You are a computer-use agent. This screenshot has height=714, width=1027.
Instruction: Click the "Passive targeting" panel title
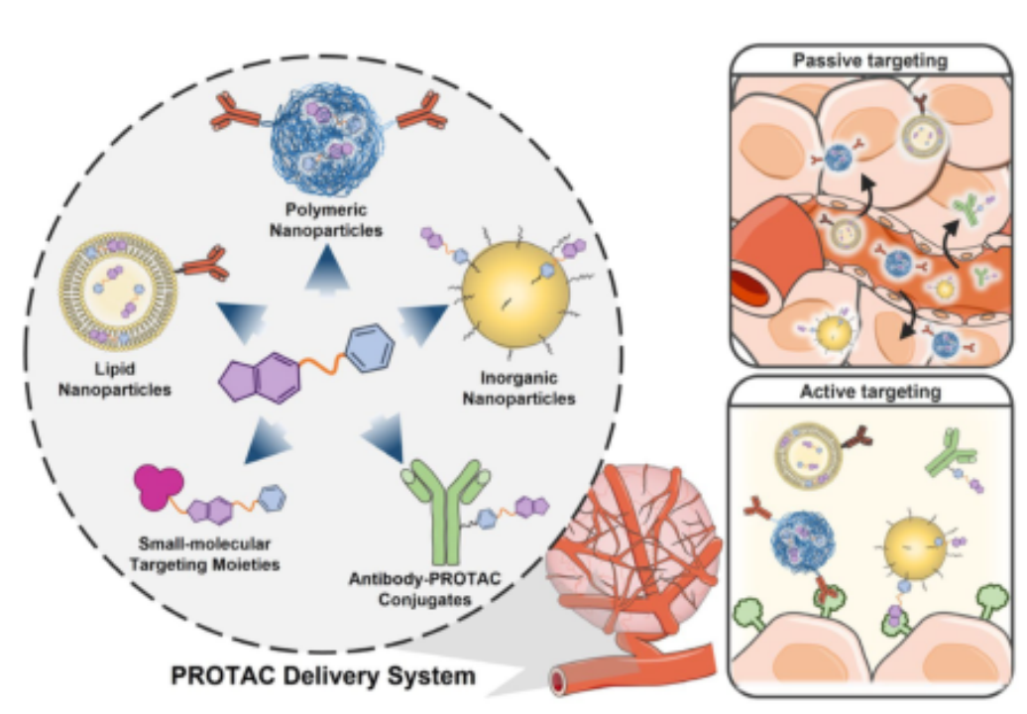pos(870,61)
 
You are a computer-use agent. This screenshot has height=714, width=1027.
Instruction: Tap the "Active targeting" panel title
pos(869,394)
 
